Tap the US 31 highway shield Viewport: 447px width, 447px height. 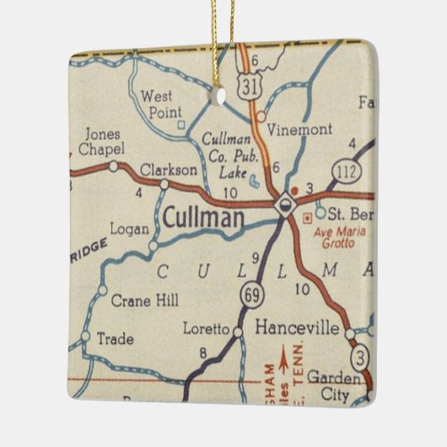pos(246,86)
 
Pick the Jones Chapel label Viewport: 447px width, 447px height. pos(102,142)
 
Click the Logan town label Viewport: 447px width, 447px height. pos(128,228)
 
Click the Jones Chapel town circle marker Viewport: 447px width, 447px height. pos(114,166)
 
